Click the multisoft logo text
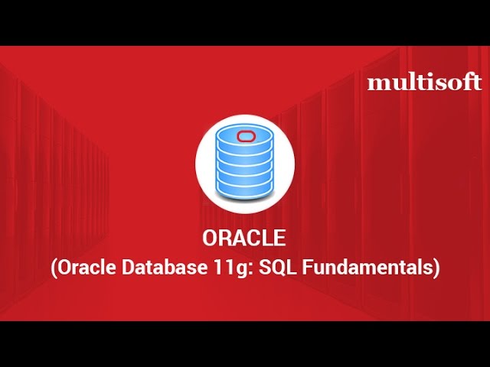(424, 82)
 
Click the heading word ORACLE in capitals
(244, 238)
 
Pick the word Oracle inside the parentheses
(84, 268)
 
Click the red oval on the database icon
(245, 136)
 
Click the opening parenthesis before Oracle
(53, 268)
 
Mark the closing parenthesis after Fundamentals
(436, 268)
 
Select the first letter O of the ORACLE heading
(210, 238)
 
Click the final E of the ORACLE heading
(279, 238)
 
